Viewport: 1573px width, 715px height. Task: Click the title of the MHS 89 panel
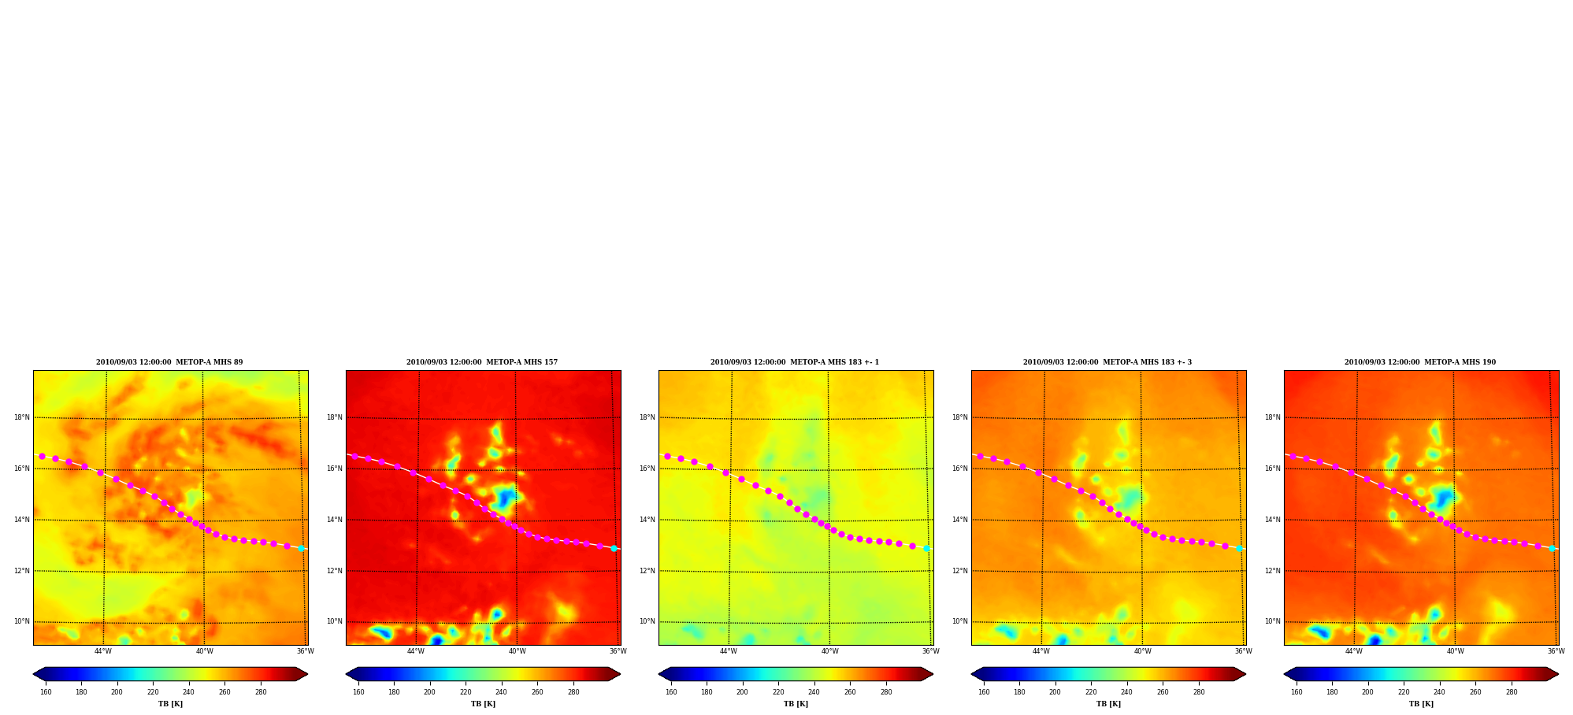tap(169, 362)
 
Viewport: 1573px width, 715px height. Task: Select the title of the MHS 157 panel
tap(482, 362)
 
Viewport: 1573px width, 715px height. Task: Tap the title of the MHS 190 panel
tap(1420, 362)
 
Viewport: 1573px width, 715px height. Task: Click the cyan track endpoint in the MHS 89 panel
tap(301, 548)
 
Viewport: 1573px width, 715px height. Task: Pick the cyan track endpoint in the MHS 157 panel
tap(614, 548)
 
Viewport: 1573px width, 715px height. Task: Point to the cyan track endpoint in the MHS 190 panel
tap(1552, 548)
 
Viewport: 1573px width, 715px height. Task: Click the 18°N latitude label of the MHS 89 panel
tap(22, 417)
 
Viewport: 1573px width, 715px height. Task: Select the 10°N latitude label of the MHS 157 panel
tap(335, 621)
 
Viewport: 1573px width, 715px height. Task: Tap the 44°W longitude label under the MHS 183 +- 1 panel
tap(729, 651)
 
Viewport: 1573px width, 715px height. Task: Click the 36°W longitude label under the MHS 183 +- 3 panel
tap(1243, 651)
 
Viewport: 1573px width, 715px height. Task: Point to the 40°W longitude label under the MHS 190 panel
tap(1455, 651)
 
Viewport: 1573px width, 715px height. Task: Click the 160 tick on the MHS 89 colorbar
tap(46, 692)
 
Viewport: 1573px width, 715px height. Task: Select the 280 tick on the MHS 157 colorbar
tap(573, 692)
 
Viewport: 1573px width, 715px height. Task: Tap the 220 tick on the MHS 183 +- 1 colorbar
tap(778, 692)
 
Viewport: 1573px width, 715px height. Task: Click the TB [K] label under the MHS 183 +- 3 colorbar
tap(1108, 704)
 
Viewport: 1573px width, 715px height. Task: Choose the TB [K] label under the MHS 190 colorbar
tap(1421, 704)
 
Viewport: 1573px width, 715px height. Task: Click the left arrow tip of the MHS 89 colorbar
tap(33, 674)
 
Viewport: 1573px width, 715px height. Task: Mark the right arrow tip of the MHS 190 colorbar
tap(1559, 674)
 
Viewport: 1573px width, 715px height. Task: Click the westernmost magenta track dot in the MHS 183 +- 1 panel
tap(667, 456)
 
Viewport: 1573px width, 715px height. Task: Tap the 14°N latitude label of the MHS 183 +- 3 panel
tap(960, 520)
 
